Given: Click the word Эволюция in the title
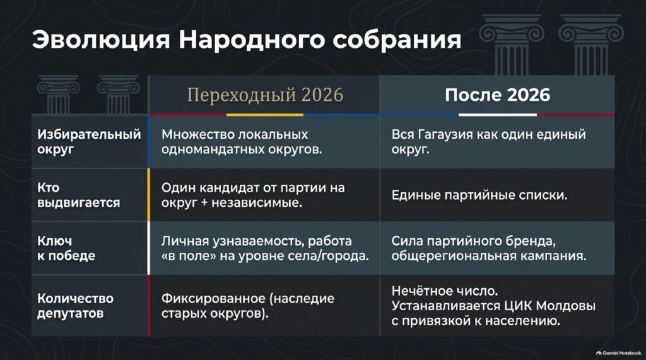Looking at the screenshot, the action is tap(101, 40).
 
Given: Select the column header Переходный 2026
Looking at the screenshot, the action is tap(265, 95).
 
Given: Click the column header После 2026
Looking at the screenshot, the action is tap(497, 95).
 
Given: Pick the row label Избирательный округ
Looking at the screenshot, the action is tap(89, 142).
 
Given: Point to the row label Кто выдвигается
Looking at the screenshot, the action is tap(78, 195).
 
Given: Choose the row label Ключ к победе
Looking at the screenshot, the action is tap(66, 248).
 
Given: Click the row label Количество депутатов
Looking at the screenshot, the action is tap(75, 306).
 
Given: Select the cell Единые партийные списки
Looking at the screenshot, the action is tap(479, 195).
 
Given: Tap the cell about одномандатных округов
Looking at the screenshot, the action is tap(242, 142).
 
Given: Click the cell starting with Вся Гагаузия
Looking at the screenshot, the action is tap(489, 142).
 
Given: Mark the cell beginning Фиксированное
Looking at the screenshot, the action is tap(247, 306).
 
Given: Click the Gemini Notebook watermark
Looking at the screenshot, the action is tap(618, 353).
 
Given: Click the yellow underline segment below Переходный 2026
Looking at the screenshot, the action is tap(264, 115).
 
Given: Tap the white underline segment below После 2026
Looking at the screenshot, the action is tap(497, 115).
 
